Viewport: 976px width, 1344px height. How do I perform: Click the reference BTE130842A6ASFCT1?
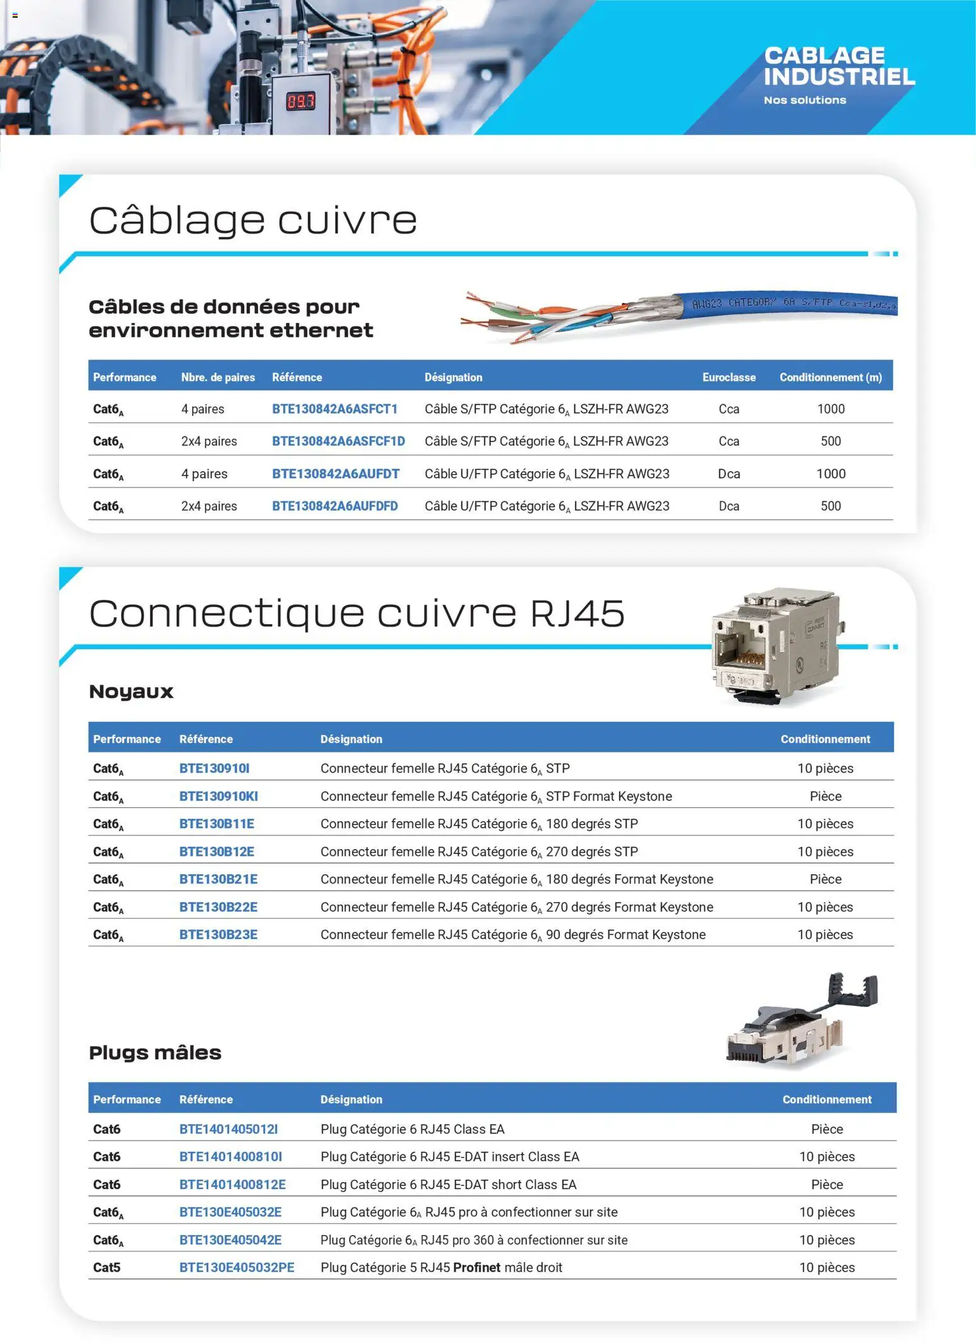(334, 409)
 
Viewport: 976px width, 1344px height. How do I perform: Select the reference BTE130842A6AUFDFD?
(334, 506)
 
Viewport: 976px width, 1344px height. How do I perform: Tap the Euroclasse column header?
(729, 377)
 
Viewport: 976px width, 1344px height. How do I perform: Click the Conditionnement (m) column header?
(830, 377)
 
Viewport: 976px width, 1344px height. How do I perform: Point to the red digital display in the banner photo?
(300, 101)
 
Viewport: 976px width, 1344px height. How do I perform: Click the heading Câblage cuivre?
(253, 220)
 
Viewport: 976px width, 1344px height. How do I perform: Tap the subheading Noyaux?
(131, 692)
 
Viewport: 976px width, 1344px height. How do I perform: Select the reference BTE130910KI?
(218, 796)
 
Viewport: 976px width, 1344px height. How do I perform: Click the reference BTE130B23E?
(218, 934)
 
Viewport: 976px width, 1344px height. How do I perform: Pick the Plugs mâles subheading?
(155, 1052)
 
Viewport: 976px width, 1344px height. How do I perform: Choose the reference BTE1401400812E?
(232, 1184)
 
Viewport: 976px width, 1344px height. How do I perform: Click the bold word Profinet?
(477, 1267)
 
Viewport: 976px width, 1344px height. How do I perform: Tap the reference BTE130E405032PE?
(237, 1267)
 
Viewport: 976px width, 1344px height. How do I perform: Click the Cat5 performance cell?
(106, 1267)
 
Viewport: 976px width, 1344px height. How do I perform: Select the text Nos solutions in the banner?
(805, 100)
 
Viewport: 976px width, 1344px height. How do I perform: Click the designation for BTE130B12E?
(479, 851)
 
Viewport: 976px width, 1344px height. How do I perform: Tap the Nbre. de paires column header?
(218, 377)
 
